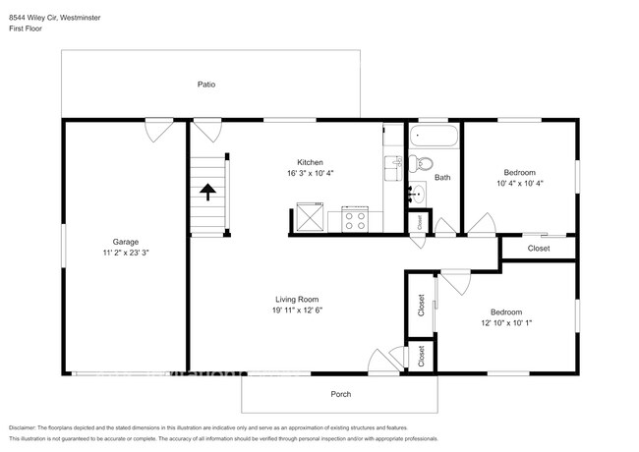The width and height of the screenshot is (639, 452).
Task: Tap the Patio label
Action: [206, 85]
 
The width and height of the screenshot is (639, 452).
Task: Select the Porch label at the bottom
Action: [340, 394]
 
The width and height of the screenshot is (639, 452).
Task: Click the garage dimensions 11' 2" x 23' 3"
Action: [125, 253]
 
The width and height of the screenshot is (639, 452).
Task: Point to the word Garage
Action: [125, 242]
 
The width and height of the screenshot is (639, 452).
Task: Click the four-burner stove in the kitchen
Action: [354, 219]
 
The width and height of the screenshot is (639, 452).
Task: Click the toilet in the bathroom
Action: [423, 162]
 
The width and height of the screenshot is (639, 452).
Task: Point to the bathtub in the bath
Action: [433, 136]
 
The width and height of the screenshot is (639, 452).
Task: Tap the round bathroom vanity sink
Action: [418, 194]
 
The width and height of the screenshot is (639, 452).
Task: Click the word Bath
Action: [442, 178]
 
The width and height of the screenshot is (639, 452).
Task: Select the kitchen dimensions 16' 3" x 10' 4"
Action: [311, 173]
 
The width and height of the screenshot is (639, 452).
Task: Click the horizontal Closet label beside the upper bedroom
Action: [539, 249]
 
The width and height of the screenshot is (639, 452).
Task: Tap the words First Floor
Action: [29, 29]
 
